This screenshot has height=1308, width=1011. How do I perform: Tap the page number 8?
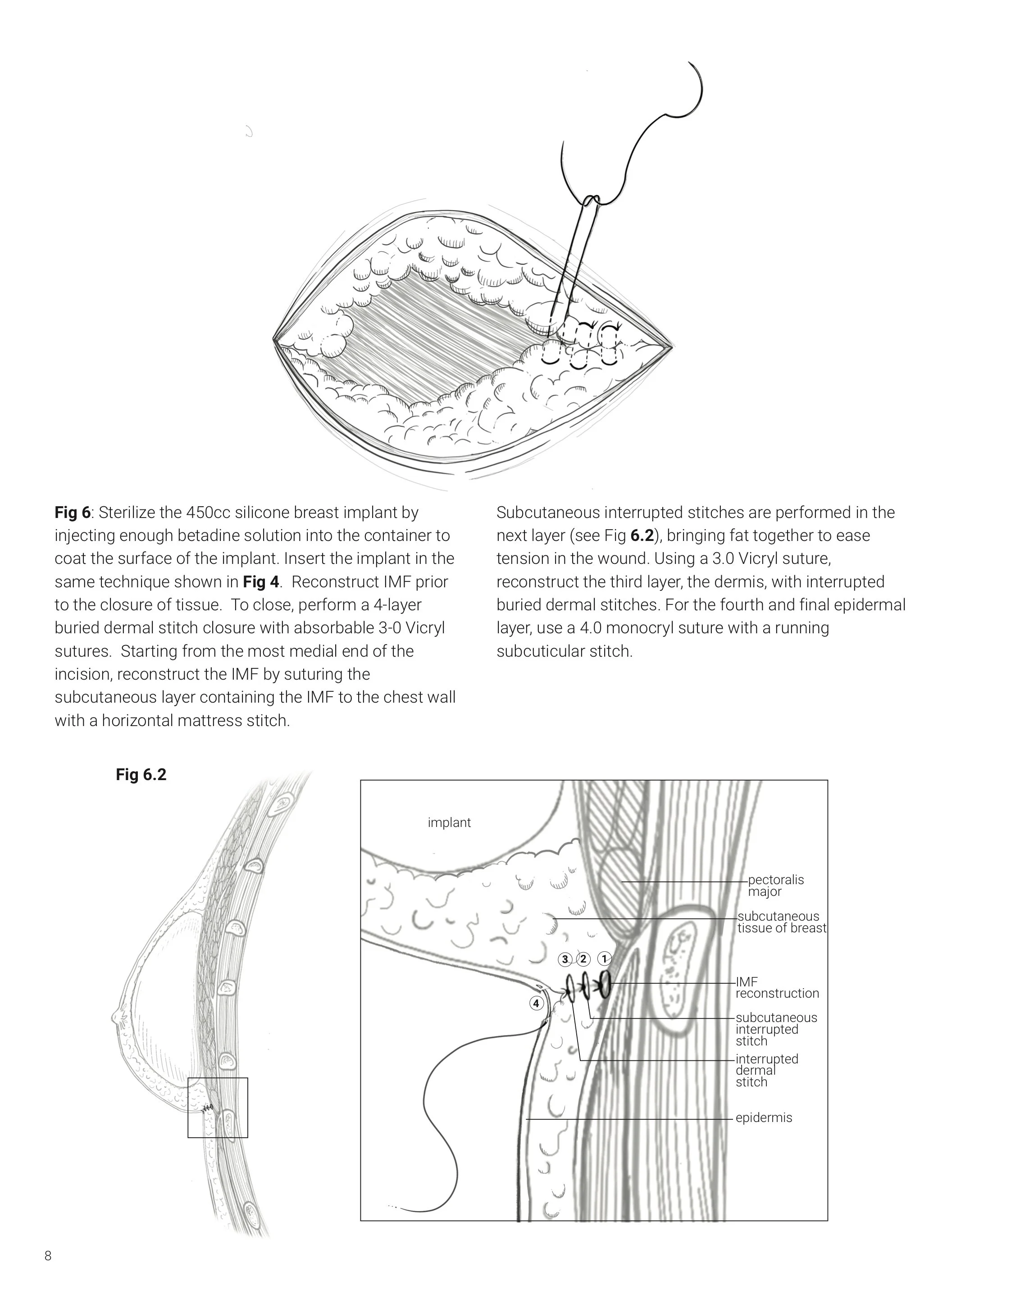tap(48, 1256)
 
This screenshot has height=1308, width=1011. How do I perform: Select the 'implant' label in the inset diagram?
tap(449, 823)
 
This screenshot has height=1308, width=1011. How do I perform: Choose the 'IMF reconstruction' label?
tap(776, 988)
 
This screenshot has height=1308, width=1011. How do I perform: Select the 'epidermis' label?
tap(763, 1117)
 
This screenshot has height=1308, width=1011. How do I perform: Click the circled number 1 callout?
tap(604, 959)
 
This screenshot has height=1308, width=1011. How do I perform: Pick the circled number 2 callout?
tap(583, 959)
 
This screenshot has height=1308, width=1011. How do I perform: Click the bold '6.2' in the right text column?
tap(642, 536)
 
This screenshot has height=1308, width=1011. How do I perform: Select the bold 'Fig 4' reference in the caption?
tap(261, 582)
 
